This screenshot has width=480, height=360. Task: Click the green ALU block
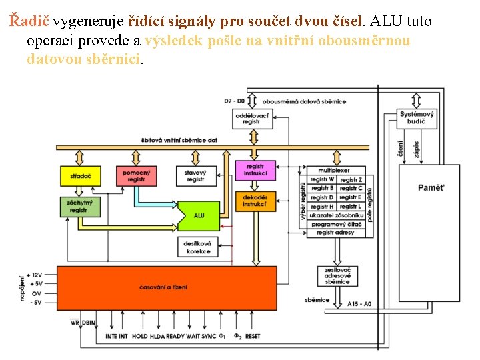coord(199,215)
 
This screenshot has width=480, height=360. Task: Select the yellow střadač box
coord(80,176)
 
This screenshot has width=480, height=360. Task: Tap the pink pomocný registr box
coord(137,176)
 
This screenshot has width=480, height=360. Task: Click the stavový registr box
coord(195,176)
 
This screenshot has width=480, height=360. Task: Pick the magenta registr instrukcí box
coord(255,171)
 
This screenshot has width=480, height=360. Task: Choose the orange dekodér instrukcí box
coord(255,201)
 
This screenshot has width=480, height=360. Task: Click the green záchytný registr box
coord(80,207)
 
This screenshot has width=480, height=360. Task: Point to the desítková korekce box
coord(199,247)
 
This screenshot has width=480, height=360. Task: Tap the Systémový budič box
coord(417,119)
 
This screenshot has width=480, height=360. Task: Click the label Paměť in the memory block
coord(430,187)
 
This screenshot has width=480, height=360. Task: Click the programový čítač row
coord(337,224)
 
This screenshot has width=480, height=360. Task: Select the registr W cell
coord(323,179)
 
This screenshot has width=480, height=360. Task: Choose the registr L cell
coord(351,207)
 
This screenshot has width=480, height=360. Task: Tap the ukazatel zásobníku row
coord(337,215)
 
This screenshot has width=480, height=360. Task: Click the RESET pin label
coord(253,336)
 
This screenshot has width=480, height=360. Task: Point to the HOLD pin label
coord(140,336)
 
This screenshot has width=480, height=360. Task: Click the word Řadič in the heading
coord(29,21)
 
